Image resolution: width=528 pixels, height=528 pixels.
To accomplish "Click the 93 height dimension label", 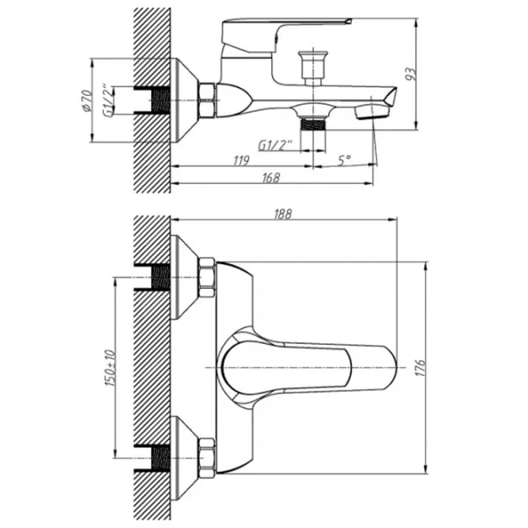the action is (x=411, y=74).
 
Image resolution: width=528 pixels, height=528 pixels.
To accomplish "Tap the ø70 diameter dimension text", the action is (x=86, y=100).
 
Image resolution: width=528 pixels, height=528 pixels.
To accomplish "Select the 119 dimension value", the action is (x=241, y=161).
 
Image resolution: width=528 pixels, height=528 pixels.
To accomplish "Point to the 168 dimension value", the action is (x=271, y=178).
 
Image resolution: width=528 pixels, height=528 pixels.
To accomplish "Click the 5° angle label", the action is (x=344, y=160).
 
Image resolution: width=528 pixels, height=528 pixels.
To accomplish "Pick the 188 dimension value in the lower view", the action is (x=282, y=214).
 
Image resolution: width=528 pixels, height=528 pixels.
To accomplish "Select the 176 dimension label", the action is (x=421, y=368).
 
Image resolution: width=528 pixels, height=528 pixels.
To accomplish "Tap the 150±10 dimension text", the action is (x=110, y=368).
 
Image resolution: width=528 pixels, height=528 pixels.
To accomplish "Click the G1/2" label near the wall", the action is (x=108, y=100).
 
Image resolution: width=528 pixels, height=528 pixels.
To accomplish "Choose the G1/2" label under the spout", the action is (x=275, y=145).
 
